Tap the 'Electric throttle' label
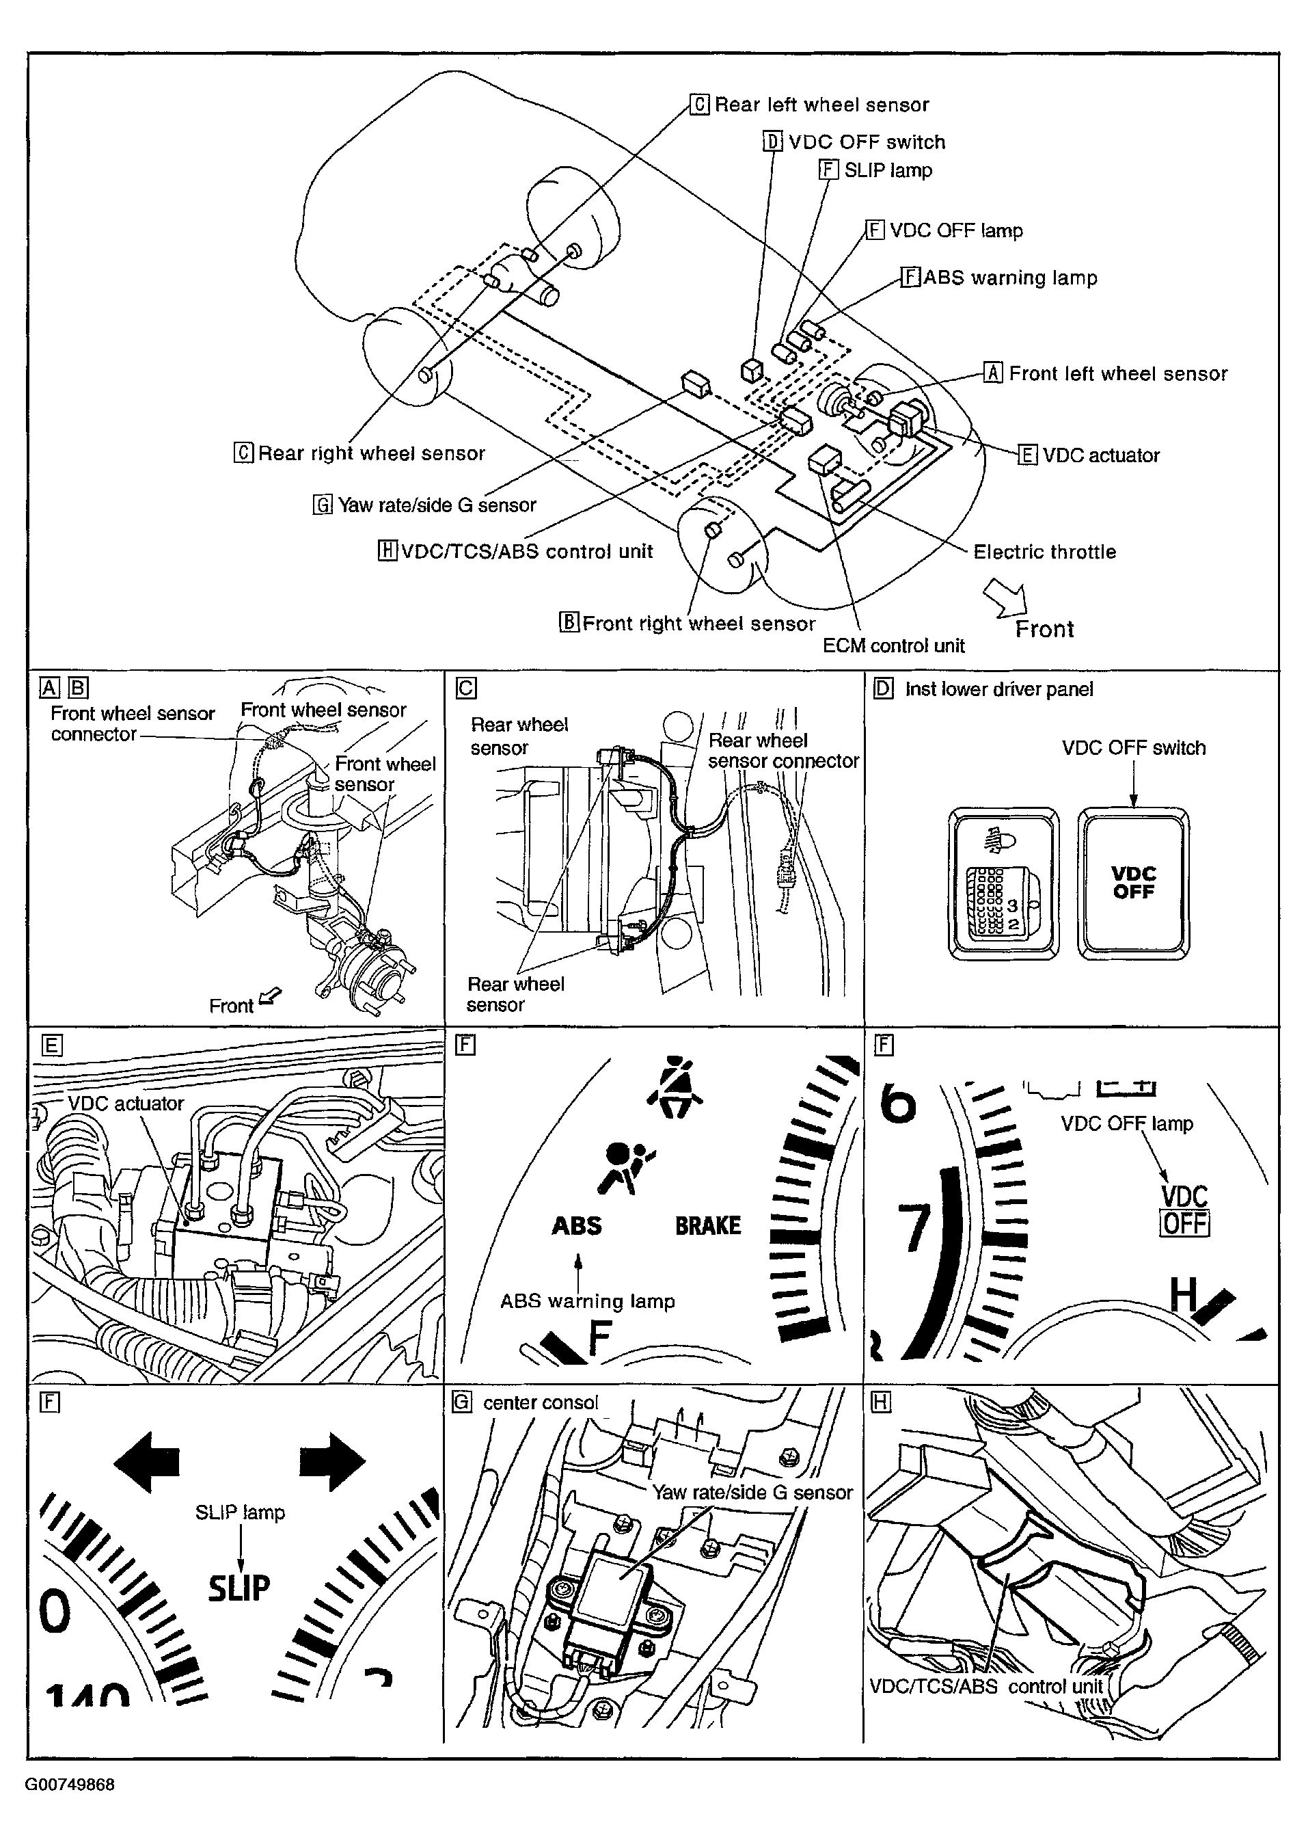(x=1044, y=552)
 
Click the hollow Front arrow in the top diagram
(x=1006, y=598)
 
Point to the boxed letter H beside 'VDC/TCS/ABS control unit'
(x=387, y=551)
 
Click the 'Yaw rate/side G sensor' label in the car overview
(x=436, y=505)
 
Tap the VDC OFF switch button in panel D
(x=1133, y=883)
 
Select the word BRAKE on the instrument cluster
(x=708, y=1226)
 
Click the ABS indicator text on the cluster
(x=577, y=1226)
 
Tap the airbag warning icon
(x=625, y=1166)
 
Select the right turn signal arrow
(x=332, y=1460)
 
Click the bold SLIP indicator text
(x=239, y=1588)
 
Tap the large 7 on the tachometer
(x=914, y=1228)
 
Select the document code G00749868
(x=69, y=1785)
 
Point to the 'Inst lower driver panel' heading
(x=998, y=689)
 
